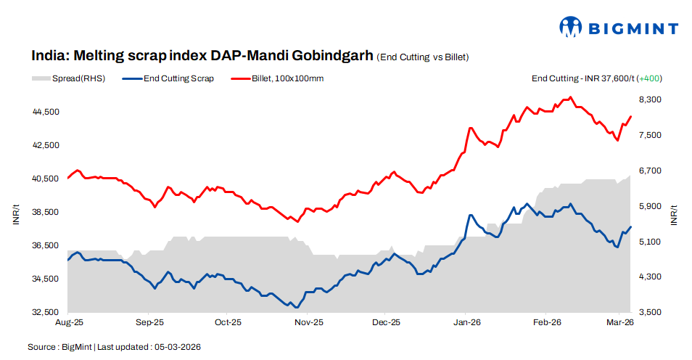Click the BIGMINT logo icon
pyautogui.click(x=571, y=28)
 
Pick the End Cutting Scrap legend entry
pyautogui.click(x=169, y=78)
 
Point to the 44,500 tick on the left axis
pyautogui.click(x=46, y=112)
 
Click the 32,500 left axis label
pyautogui.click(x=46, y=312)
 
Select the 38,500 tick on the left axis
pyautogui.click(x=46, y=212)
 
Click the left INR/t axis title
pyautogui.click(x=16, y=215)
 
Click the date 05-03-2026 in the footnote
pyautogui.click(x=177, y=348)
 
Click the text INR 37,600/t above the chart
pyautogui.click(x=603, y=78)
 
